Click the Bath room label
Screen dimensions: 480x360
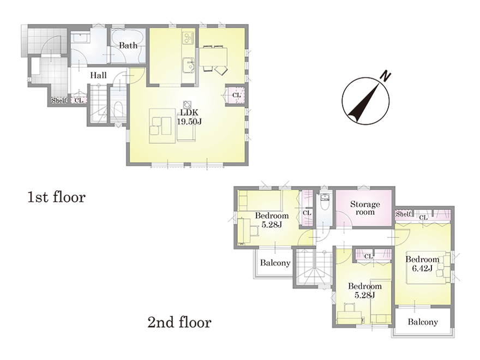[x=128, y=46]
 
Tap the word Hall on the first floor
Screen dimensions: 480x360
[x=98, y=75]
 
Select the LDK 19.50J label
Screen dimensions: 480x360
[x=189, y=117]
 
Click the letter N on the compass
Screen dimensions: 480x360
[x=386, y=76]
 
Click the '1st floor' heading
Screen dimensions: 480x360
[x=56, y=197]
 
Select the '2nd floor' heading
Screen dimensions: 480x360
[x=179, y=322]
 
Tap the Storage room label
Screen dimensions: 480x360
[x=365, y=208]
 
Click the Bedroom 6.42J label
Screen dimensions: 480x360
[x=422, y=264]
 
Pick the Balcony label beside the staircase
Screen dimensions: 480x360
[x=275, y=263]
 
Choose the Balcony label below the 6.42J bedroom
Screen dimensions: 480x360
[x=422, y=322]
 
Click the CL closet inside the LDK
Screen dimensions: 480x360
[x=236, y=95]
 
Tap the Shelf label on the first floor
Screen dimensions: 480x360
[x=59, y=100]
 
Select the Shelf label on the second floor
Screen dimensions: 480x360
[x=403, y=214]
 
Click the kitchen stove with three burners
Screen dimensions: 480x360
[x=188, y=38]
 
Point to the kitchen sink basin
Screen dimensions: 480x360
[x=189, y=64]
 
